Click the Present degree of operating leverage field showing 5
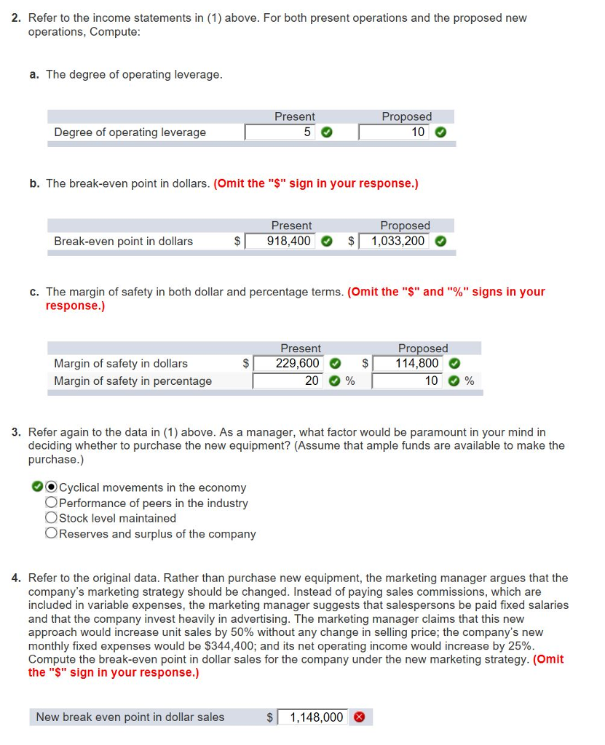[280, 132]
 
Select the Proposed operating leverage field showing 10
[393, 132]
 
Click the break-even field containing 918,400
[280, 241]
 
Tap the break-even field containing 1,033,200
[394, 241]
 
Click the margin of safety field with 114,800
[408, 363]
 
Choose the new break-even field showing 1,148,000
[312, 717]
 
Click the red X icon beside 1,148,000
[358, 717]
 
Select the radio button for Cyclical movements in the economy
[51, 487]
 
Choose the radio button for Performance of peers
[51, 503]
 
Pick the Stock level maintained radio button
[51, 518]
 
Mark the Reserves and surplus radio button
[51, 534]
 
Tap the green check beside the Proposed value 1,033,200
[440, 242]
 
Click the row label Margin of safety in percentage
[133, 381]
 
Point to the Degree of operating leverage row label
[130, 132]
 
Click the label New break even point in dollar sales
[130, 717]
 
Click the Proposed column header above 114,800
[422, 348]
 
